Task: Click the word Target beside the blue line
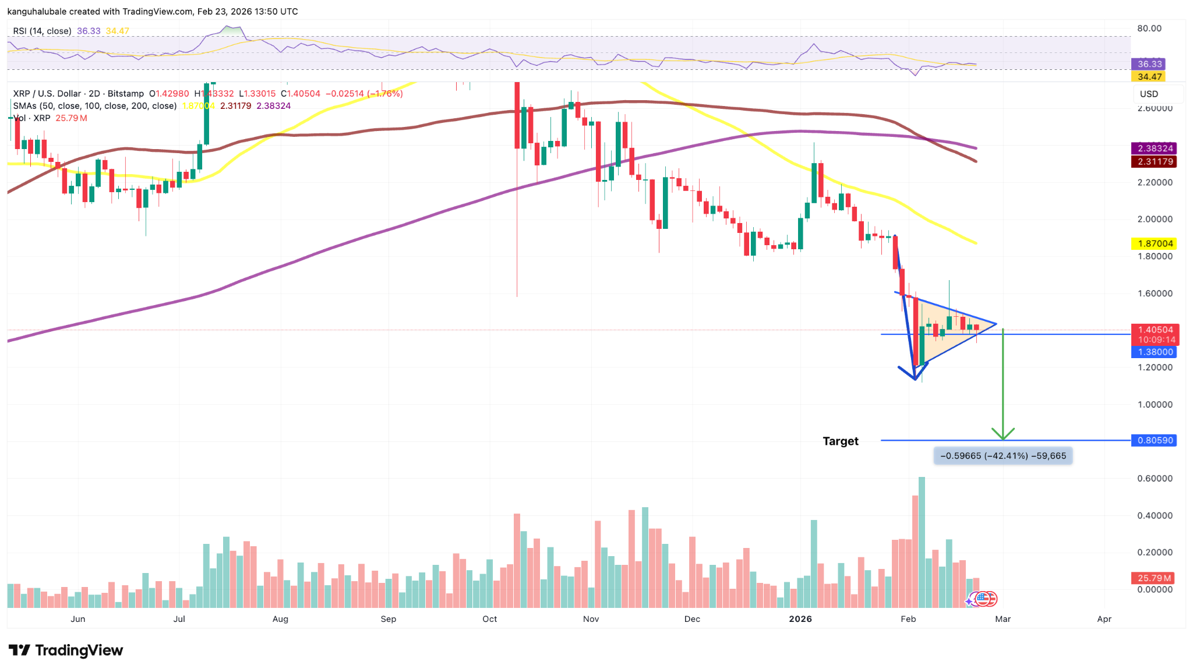840,441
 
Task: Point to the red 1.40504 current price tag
1155,330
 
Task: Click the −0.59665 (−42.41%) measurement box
1003,456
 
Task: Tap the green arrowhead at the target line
1003,434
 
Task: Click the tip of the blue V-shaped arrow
915,380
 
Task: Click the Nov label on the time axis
591,619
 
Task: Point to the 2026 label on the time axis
800,619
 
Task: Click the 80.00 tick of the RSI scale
1149,29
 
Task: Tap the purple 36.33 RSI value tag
1149,64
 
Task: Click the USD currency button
1149,94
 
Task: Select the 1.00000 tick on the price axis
1155,405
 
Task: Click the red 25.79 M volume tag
1153,578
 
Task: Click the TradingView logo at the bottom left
65,650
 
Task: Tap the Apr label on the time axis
1104,619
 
